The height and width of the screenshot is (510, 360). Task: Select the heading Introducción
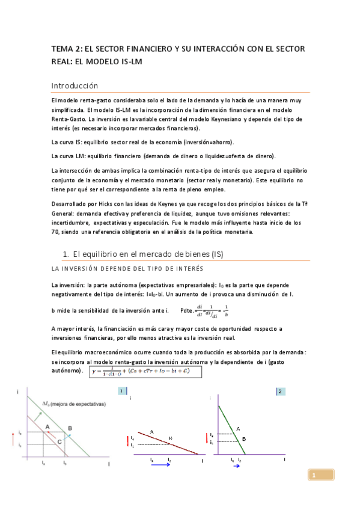(x=74, y=85)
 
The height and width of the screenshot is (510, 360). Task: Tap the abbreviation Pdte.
(x=186, y=310)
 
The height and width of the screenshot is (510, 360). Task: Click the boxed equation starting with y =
(x=145, y=372)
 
